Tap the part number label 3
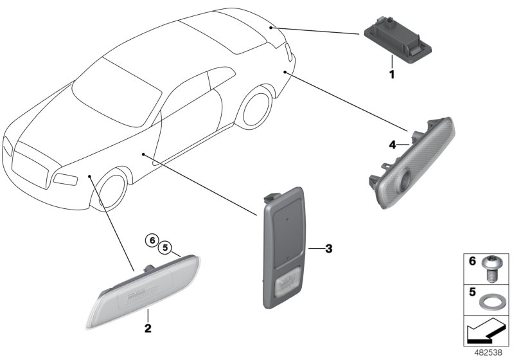click(328, 248)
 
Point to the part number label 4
click(391, 145)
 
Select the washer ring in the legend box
click(492, 300)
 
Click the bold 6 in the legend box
click(472, 263)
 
